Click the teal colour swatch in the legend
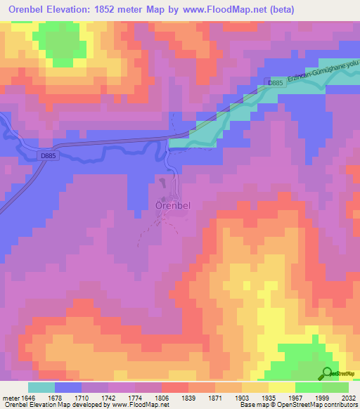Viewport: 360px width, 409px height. tap(41, 387)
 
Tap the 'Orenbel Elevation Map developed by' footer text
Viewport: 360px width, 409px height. tap(42, 405)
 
